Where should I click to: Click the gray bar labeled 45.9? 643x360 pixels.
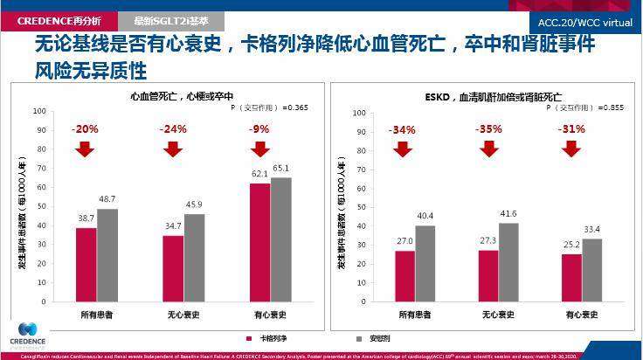coord(194,257)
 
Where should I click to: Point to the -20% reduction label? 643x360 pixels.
coord(85,128)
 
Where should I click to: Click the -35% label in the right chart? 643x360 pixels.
coord(488,128)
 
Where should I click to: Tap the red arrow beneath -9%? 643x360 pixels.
coord(259,149)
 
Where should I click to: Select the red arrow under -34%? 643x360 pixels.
coord(402,149)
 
